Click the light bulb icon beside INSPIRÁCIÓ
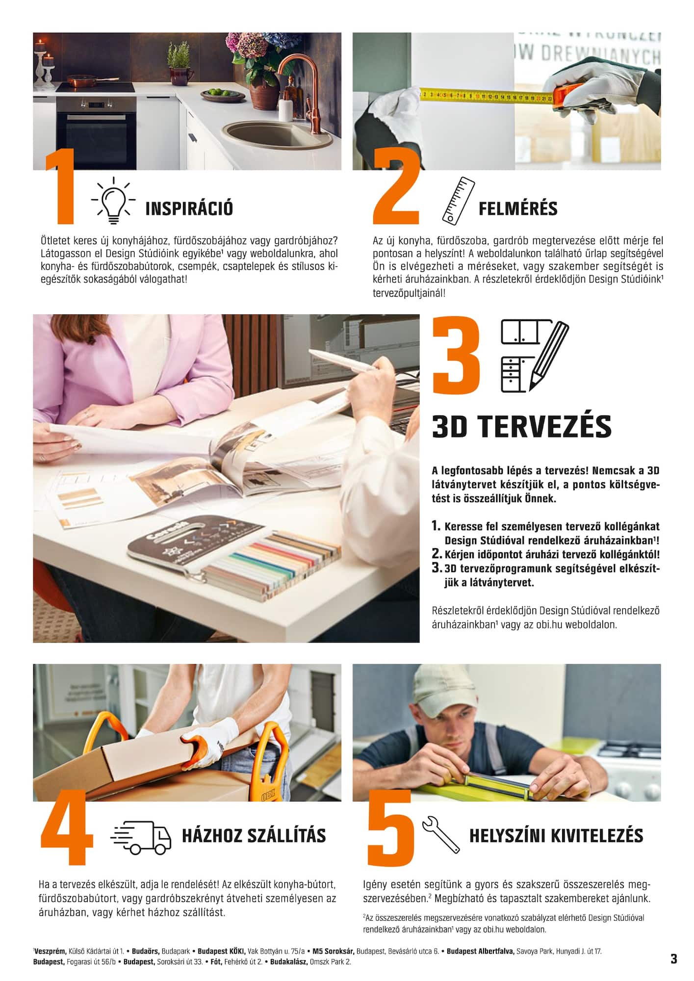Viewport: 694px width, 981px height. [113, 202]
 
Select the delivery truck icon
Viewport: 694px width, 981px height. [141, 835]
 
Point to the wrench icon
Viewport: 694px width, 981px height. [440, 834]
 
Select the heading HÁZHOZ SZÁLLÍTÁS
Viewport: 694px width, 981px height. [254, 836]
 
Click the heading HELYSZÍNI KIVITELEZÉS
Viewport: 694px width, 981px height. [556, 836]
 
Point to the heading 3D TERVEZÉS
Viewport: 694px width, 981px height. [522, 427]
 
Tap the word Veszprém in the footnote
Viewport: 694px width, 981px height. [50, 951]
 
